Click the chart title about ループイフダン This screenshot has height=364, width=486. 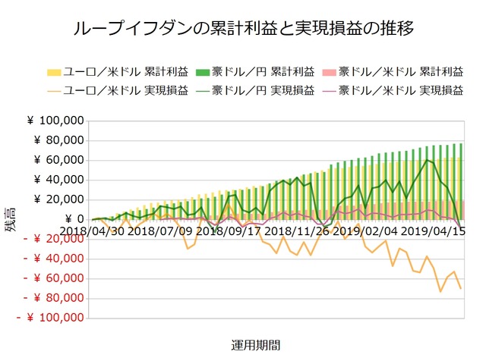coord(243,29)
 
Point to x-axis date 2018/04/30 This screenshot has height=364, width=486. coord(92,230)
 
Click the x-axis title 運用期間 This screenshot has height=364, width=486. coord(255,344)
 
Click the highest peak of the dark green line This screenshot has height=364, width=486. coord(428,159)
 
